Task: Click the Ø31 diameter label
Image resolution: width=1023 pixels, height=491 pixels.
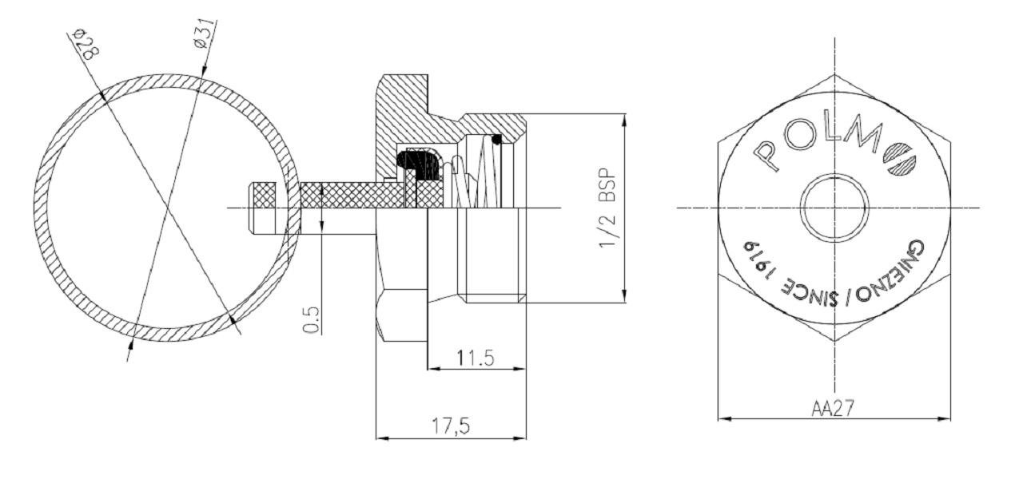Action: [205, 34]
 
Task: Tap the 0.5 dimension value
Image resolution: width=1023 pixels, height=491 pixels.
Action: [311, 319]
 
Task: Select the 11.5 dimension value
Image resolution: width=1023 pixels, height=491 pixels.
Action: [476, 358]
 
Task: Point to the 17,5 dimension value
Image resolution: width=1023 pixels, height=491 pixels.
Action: [451, 426]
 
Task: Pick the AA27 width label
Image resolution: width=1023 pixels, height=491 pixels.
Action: [832, 408]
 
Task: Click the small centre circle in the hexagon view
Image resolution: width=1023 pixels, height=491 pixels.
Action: [834, 208]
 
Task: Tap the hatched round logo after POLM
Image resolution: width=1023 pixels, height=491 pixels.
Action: [900, 160]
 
